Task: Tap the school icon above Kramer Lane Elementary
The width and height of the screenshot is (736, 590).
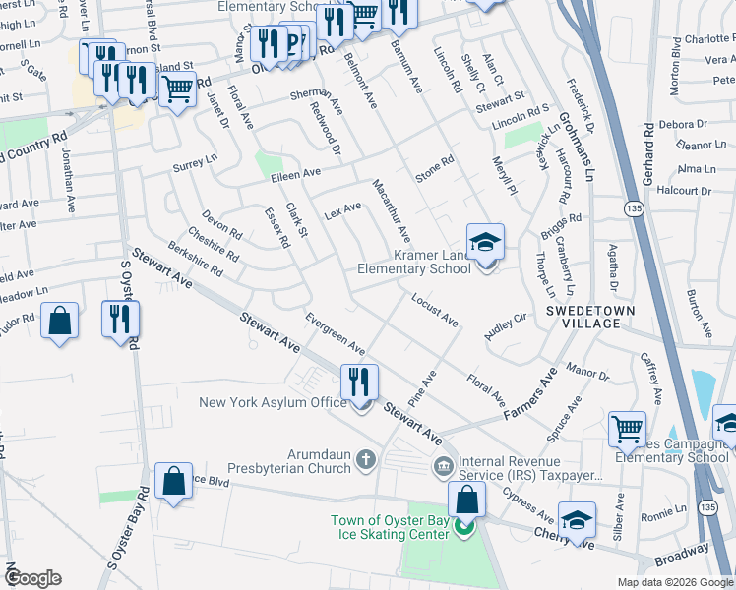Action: [x=485, y=242]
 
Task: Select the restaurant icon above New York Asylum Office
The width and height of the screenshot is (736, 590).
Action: [x=359, y=381]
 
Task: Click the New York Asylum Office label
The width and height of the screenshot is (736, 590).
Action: [x=273, y=402]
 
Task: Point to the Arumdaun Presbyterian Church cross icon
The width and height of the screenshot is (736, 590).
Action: [x=365, y=458]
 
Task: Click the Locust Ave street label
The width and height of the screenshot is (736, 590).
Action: [x=435, y=309]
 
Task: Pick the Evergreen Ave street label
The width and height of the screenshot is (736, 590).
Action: [x=336, y=335]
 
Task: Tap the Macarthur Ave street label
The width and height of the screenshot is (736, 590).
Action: [x=392, y=210]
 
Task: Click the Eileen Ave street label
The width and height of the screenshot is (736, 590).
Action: [x=297, y=173]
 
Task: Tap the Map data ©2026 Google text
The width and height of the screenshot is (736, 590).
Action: [x=675, y=582]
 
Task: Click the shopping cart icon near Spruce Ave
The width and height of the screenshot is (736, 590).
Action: [x=627, y=429]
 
